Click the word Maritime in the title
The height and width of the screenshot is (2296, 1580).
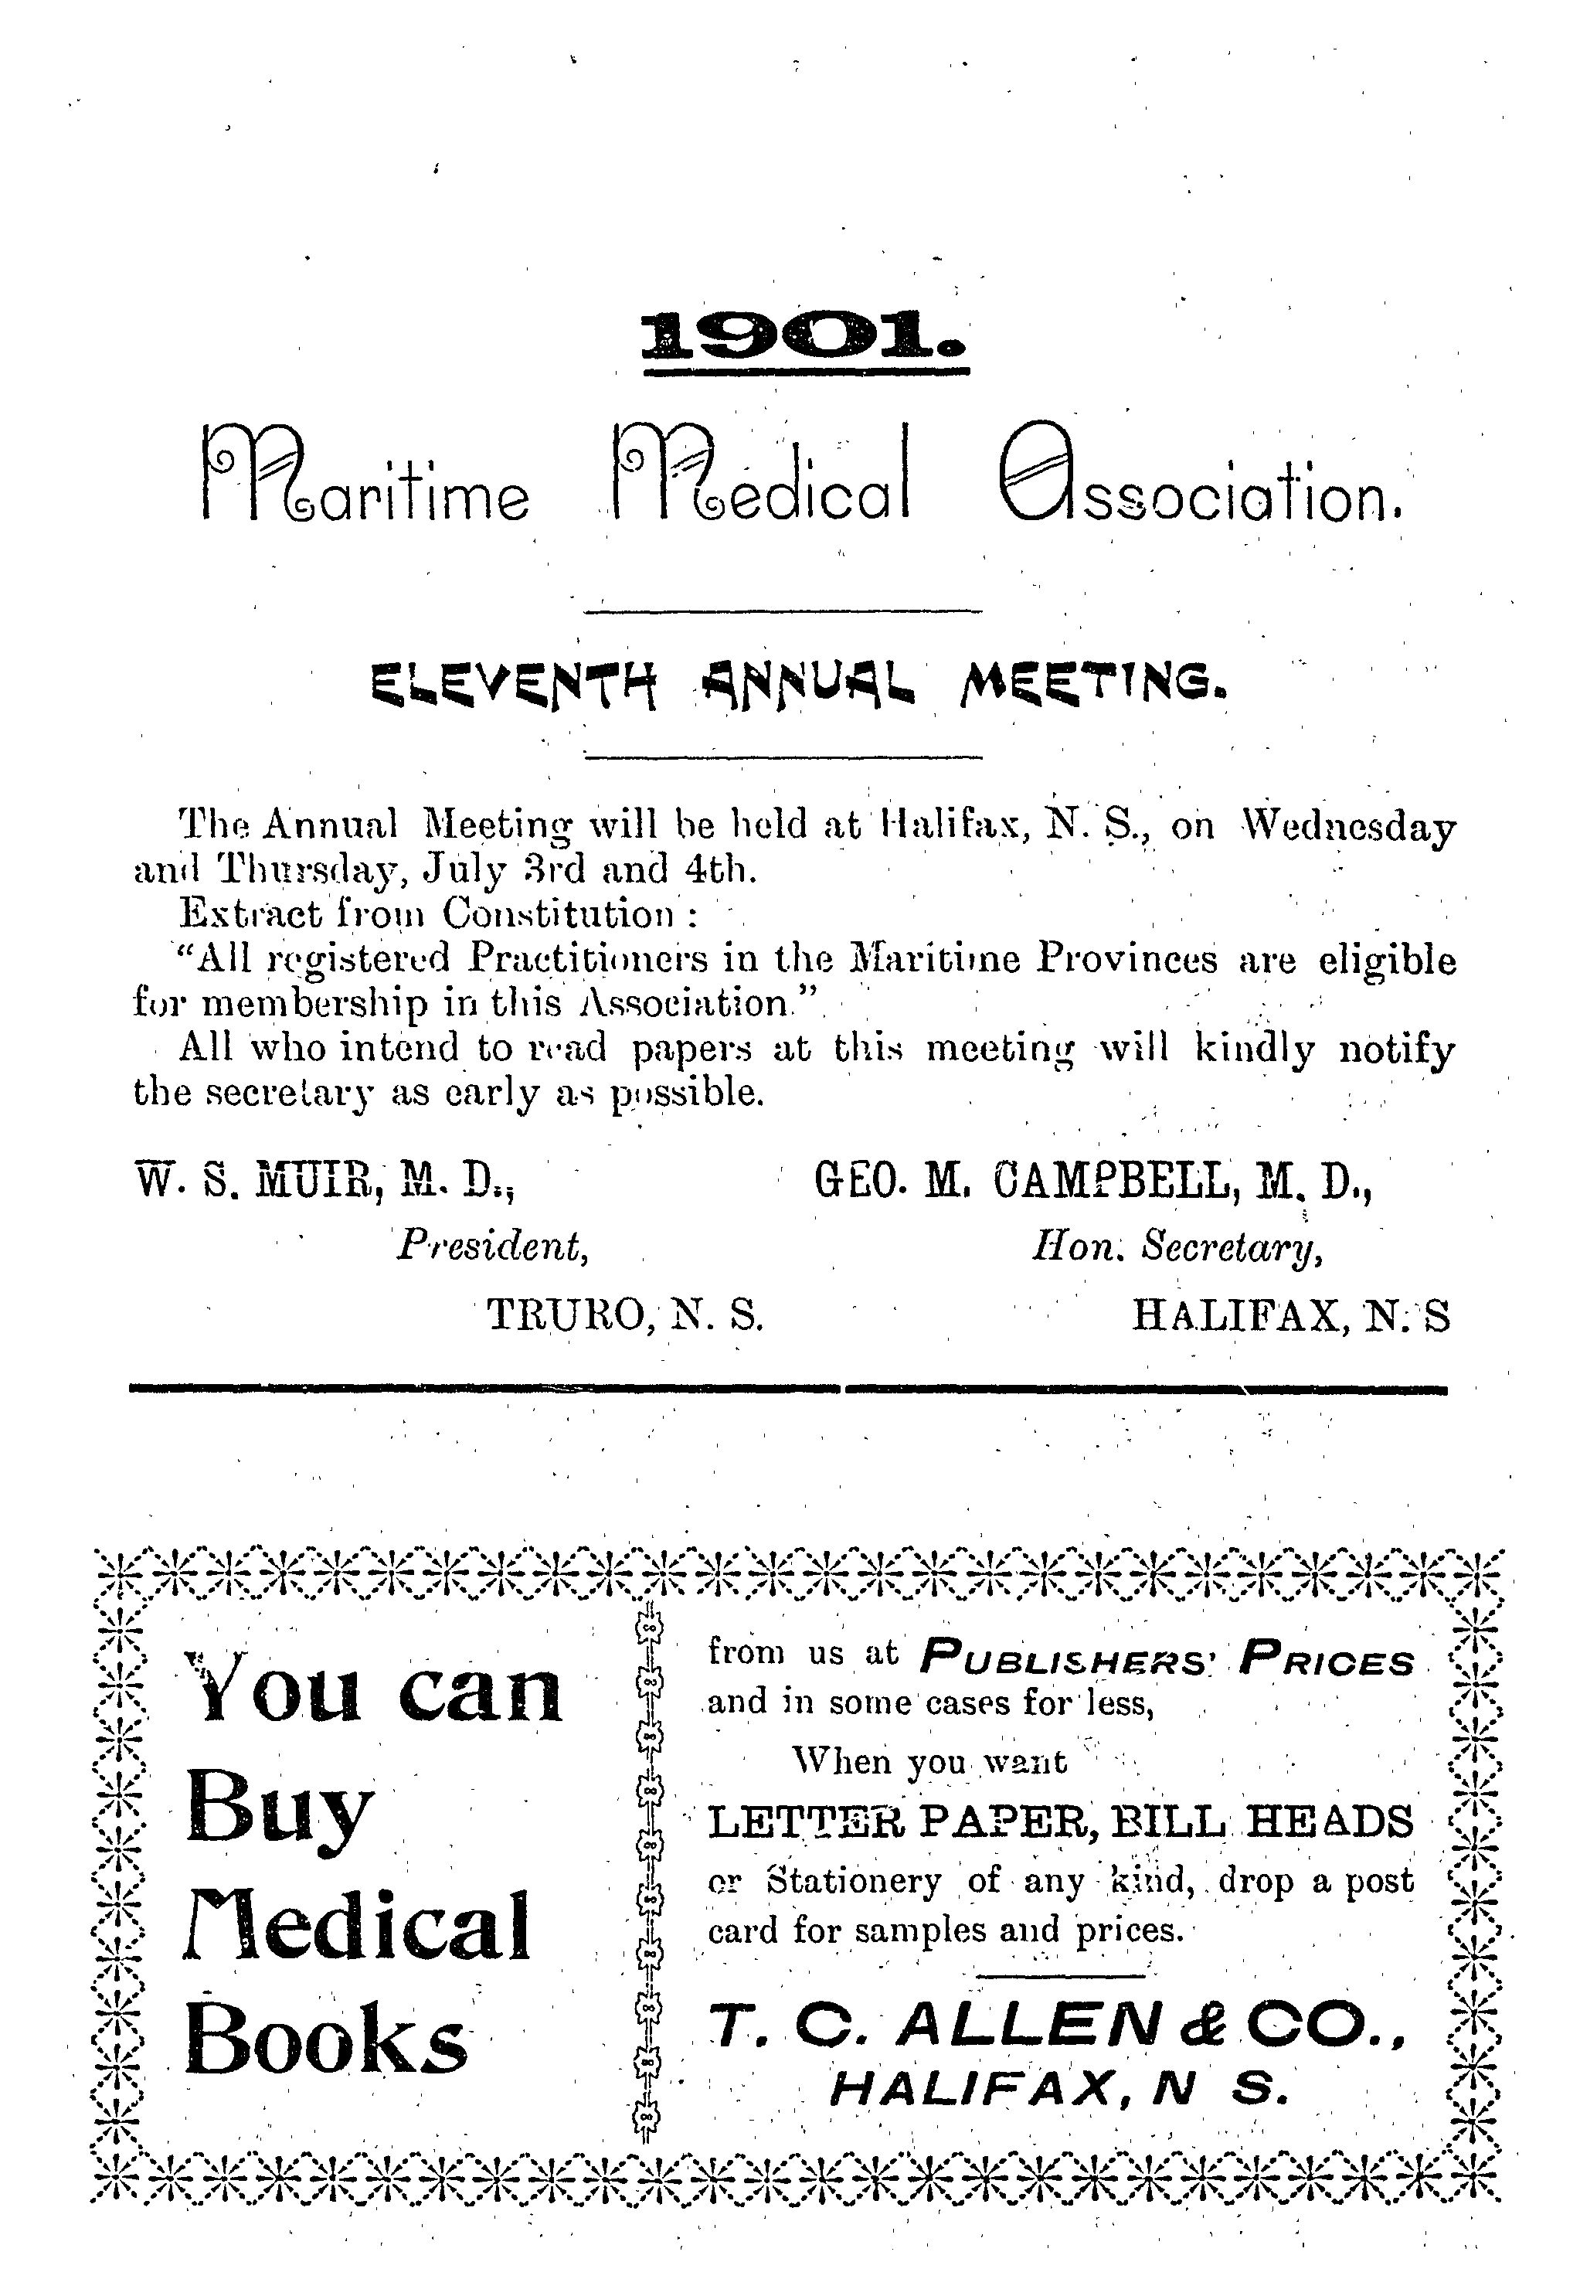click(x=366, y=478)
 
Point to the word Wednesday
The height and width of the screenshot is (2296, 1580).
click(x=1348, y=827)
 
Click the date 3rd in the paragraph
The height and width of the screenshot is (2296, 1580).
click(x=556, y=869)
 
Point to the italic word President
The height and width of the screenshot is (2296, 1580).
click(x=492, y=1247)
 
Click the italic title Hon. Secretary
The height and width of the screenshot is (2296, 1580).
click(x=1177, y=1247)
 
